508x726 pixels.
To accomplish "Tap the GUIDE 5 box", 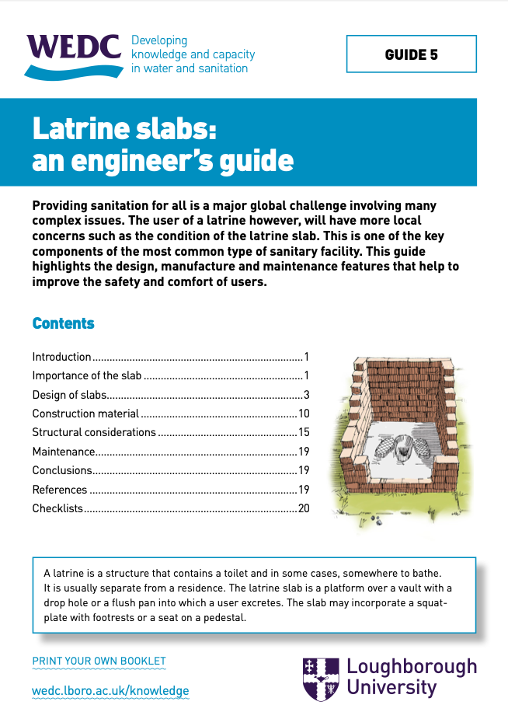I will (x=411, y=54).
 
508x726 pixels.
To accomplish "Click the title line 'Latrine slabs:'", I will (x=124, y=127).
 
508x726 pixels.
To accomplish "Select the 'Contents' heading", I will (x=63, y=323).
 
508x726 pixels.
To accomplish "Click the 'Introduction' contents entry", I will (x=61, y=358).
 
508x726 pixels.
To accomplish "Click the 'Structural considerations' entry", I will (x=94, y=432).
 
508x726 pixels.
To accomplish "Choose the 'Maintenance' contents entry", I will (x=63, y=451).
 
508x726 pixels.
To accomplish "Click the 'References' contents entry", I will (x=60, y=490).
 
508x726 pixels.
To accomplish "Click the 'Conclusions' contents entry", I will (x=62, y=470).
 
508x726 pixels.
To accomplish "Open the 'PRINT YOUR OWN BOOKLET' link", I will (x=99, y=661).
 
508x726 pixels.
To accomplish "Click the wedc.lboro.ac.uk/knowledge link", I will (x=110, y=690).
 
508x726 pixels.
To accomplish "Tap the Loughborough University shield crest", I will (x=320, y=678).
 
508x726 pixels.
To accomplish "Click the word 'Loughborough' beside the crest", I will (x=411, y=668).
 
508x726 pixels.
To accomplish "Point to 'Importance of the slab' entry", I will (x=86, y=376).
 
